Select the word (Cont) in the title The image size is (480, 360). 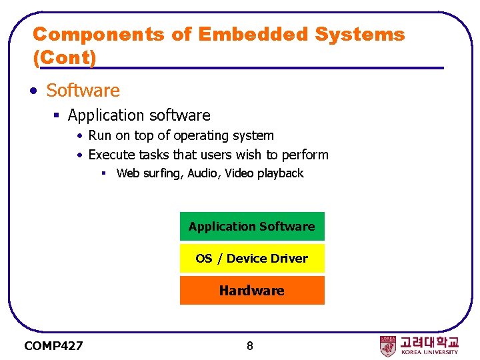tap(65, 57)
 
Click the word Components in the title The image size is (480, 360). tap(98, 34)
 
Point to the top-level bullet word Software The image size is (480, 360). tap(83, 90)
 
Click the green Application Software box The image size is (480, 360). tap(252, 227)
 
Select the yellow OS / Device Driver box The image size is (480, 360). tap(252, 258)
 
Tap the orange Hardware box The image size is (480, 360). tap(252, 291)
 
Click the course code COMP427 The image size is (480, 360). tap(53, 345)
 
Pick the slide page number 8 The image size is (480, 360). tap(249, 345)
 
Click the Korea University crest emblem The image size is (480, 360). tap(388, 345)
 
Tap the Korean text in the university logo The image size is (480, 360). tap(429, 341)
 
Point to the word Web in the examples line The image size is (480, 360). tap(127, 173)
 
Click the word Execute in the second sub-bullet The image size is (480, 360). tap(111, 155)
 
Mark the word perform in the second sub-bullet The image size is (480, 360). tap(305, 155)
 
